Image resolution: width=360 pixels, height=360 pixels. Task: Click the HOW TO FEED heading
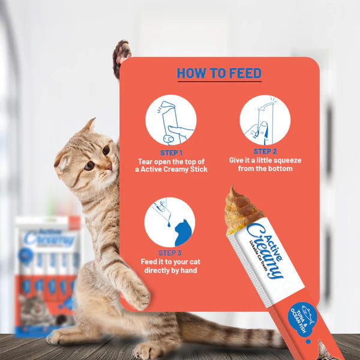219,73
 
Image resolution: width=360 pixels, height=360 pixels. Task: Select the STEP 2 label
265,152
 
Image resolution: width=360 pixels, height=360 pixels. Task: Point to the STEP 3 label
170,253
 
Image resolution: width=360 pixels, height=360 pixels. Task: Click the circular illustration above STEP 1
170,120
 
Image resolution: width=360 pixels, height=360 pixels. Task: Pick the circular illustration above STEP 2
265,119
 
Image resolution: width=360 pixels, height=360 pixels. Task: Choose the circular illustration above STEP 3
170,221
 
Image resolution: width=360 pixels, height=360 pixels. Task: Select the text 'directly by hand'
170,271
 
